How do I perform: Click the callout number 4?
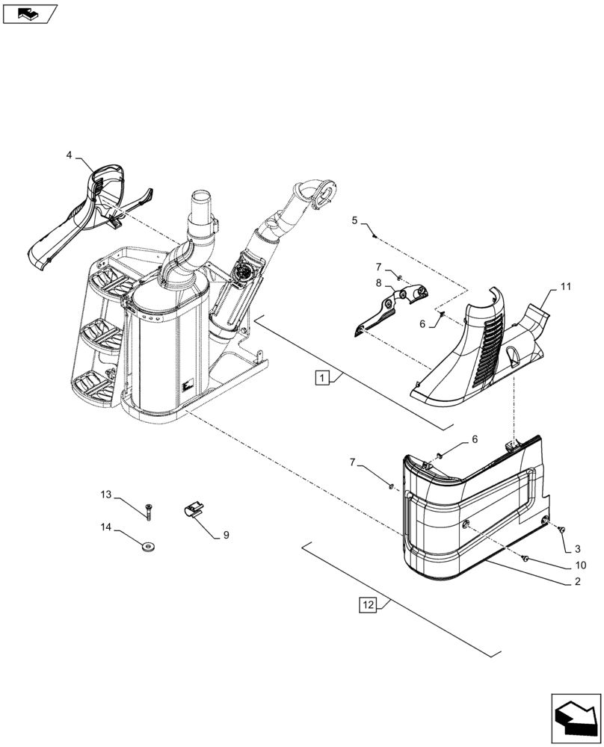click(x=69, y=155)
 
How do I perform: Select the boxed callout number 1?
click(x=321, y=378)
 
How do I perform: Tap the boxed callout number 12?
click(x=368, y=605)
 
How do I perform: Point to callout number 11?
click(x=565, y=286)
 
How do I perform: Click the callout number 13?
click(x=105, y=495)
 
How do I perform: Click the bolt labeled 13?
click(x=150, y=511)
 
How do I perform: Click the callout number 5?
click(x=355, y=220)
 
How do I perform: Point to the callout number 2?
click(x=578, y=580)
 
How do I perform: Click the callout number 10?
click(x=580, y=565)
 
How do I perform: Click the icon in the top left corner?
click(x=29, y=13)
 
